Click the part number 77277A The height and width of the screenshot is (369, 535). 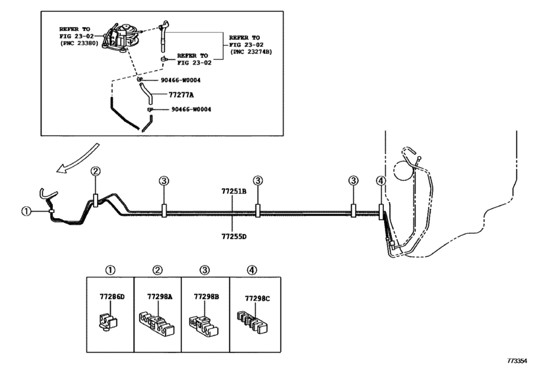(181, 95)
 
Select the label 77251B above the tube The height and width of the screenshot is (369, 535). (234, 192)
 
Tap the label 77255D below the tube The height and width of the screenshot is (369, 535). (234, 236)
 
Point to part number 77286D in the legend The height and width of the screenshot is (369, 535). (112, 297)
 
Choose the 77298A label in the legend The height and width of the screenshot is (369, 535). (160, 297)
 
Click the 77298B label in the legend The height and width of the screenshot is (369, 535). (206, 297)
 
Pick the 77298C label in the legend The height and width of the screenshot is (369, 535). (257, 298)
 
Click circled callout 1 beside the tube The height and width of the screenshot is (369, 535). (26, 212)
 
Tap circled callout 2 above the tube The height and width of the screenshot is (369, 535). (96, 171)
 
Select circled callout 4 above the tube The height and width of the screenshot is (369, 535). (381, 181)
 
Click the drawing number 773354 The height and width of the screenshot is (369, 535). (519, 361)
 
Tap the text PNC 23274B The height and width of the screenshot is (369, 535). (253, 52)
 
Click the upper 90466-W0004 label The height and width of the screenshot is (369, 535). (181, 80)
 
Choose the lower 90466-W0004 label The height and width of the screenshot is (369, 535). (191, 109)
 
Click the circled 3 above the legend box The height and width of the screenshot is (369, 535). (205, 271)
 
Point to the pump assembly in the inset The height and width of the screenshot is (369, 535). (122, 38)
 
